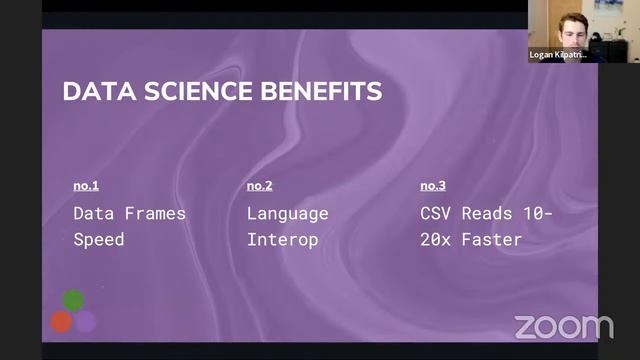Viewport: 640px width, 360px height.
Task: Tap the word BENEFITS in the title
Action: pos(321,92)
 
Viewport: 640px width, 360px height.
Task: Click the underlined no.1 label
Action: pos(86,186)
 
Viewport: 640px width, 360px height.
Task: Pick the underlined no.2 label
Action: pos(259,186)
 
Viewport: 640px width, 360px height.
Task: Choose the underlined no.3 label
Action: pos(432,186)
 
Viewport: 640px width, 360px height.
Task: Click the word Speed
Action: pos(100,240)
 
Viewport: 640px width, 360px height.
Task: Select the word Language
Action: pos(287,213)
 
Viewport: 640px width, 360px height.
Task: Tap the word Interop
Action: pos(282,240)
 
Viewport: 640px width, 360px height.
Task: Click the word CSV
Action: pos(436,213)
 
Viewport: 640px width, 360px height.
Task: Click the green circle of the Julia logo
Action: pos(73,299)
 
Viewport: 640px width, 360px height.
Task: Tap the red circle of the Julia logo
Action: pos(61,321)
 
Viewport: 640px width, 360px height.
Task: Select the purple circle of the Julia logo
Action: pos(86,321)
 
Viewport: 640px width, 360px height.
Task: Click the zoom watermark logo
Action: pos(563,326)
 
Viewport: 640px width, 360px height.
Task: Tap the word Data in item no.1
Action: pos(94,213)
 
